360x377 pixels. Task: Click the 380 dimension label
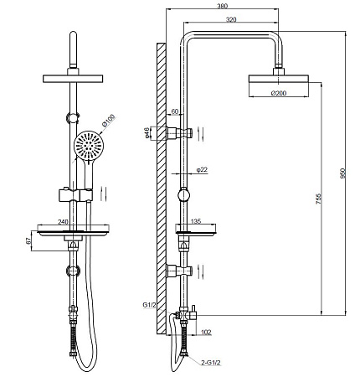222,6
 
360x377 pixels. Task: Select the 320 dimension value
231,19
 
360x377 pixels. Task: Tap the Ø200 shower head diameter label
279,93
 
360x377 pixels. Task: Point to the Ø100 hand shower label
109,121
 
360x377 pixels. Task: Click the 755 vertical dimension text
319,199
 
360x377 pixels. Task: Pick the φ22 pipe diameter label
202,169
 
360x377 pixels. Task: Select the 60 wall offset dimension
175,111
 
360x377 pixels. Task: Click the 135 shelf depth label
195,221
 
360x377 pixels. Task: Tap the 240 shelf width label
63,222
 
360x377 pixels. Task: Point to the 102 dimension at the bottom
206,333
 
